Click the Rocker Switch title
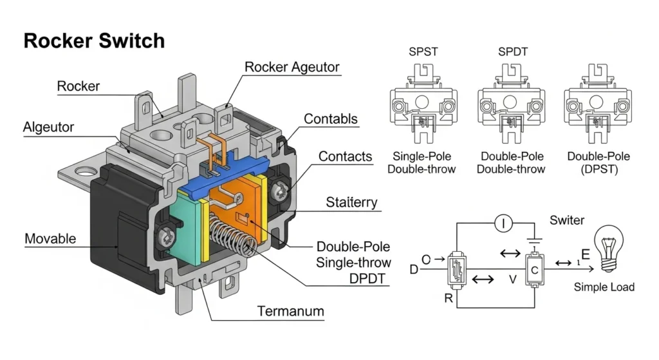point(94,41)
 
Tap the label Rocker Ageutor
point(292,67)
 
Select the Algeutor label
point(48,127)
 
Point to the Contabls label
point(331,119)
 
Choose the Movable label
point(50,239)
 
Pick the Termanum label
point(291,312)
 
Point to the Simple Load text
point(604,287)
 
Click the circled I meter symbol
point(503,224)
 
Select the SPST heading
point(423,52)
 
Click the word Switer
point(567,220)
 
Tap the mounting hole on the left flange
point(84,172)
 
